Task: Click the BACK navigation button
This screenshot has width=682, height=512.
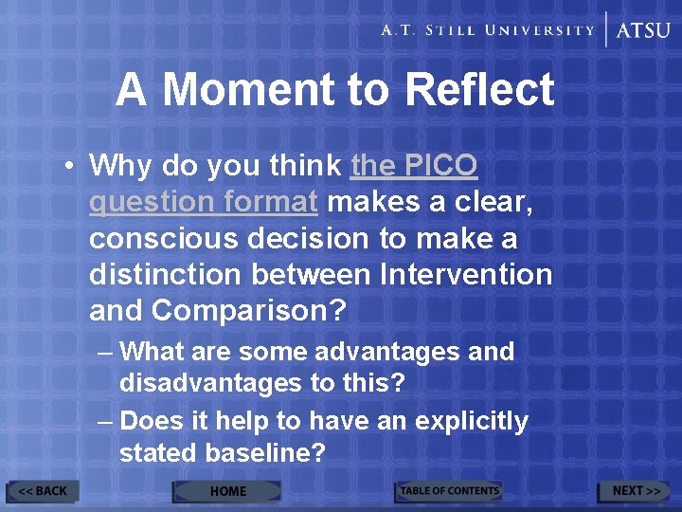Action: [43, 491]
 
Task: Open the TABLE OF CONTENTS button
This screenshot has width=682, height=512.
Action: [448, 491]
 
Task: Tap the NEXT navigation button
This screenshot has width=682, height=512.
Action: [635, 491]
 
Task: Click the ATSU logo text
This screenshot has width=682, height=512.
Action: [643, 30]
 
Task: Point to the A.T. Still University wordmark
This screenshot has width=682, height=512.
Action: [487, 30]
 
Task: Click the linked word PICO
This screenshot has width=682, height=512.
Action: [441, 166]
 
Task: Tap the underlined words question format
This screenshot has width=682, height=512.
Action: [203, 202]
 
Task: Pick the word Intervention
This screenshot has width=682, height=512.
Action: [465, 275]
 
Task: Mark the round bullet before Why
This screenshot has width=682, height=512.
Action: [71, 167]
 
